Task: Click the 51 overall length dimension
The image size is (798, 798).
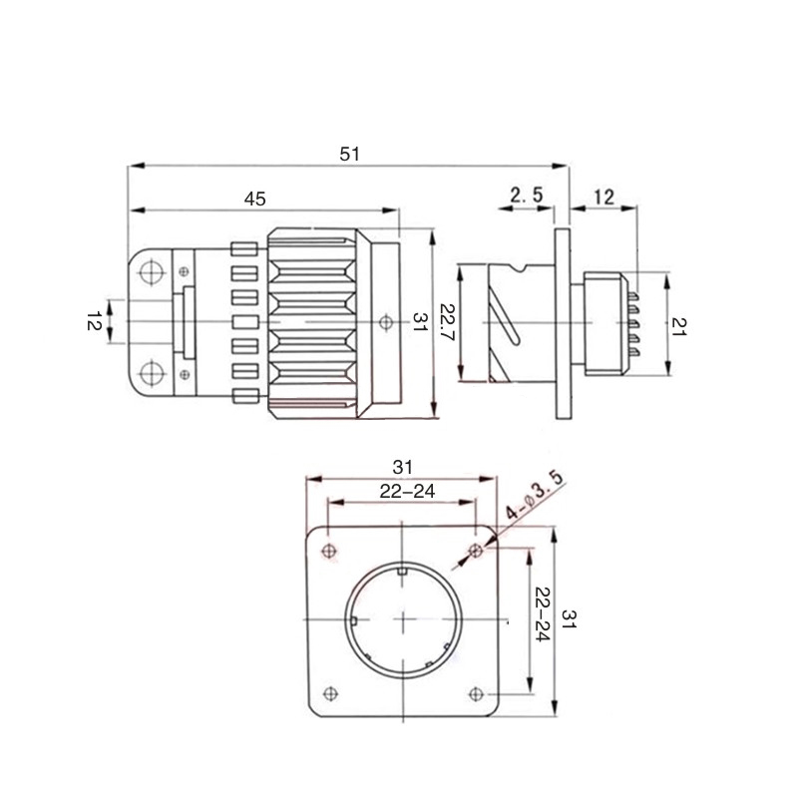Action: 350,154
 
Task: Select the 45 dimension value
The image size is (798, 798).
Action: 255,199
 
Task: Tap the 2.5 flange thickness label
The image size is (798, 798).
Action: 527,195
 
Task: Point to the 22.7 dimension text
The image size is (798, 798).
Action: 449,322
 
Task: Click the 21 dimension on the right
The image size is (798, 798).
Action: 679,326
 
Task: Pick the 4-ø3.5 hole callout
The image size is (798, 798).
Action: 535,496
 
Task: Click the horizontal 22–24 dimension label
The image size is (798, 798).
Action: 407,491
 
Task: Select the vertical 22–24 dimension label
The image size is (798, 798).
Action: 543,614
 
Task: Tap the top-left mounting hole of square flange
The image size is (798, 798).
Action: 329,551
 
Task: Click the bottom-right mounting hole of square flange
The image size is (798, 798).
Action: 476,693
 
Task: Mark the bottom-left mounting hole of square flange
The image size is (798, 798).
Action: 331,693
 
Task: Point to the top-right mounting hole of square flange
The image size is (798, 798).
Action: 477,551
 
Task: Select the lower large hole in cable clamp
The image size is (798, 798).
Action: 152,373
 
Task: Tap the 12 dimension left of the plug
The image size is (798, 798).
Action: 94,321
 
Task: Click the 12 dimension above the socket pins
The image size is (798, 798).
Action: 604,197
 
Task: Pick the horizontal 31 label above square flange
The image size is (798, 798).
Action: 402,467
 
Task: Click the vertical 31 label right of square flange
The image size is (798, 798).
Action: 569,618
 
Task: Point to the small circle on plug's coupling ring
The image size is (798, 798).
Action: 386,321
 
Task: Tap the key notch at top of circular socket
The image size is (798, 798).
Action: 403,571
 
